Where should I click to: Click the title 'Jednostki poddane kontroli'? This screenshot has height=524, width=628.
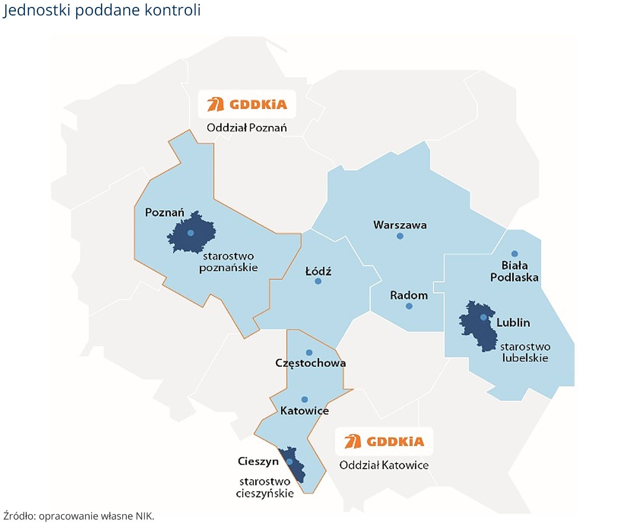tap(102, 10)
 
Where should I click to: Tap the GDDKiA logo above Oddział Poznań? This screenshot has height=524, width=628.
tap(247, 104)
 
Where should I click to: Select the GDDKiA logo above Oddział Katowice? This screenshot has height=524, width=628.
tap(384, 441)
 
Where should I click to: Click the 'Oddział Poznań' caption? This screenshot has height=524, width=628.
tap(247, 128)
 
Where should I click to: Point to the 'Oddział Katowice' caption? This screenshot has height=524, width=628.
tap(384, 465)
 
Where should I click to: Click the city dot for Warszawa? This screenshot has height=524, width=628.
tap(400, 236)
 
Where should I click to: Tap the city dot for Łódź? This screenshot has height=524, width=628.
tap(318, 281)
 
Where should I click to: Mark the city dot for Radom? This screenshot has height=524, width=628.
tap(409, 306)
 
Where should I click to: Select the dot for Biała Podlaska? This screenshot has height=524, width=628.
tap(514, 254)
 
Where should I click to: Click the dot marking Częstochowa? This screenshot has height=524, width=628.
tap(309, 353)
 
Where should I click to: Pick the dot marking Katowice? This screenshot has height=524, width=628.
tap(305, 399)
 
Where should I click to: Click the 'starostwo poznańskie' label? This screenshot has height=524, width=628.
tap(228, 262)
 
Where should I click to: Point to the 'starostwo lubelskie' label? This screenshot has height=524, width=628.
tap(525, 352)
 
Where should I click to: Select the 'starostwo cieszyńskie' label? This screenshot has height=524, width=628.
tap(265, 487)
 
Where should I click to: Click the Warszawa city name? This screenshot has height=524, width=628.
tap(400, 225)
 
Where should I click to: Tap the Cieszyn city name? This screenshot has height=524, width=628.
tap(258, 461)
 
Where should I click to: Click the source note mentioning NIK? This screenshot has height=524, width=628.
tap(79, 516)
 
